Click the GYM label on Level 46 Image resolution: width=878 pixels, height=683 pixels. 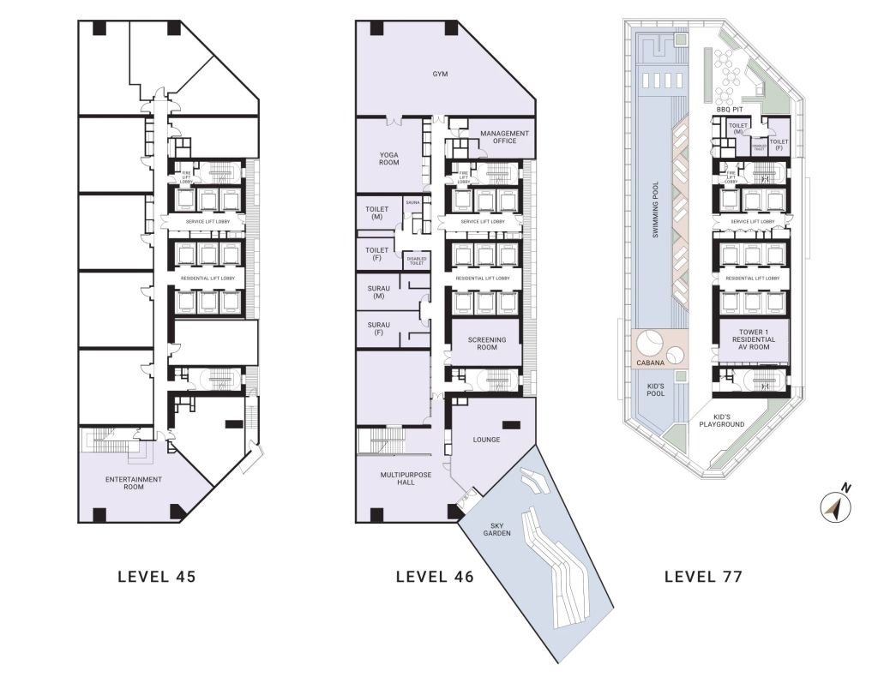point(440,75)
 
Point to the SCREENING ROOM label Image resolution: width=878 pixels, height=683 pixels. point(486,344)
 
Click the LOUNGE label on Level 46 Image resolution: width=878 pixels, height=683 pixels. point(486,440)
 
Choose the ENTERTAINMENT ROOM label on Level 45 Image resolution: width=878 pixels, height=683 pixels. point(134,483)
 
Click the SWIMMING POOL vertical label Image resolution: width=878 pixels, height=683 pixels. point(655,209)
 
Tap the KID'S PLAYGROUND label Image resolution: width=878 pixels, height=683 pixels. point(722,420)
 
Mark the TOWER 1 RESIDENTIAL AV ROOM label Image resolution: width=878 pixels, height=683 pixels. point(753,339)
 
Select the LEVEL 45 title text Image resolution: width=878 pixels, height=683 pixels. point(157,577)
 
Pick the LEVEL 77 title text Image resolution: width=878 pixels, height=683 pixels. point(703,577)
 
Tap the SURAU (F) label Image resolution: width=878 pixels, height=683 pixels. point(378,329)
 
